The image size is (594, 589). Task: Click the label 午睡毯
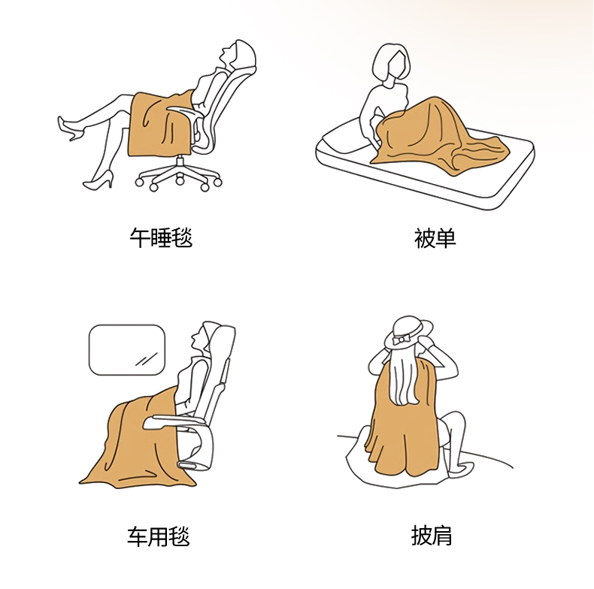pyautogui.click(x=161, y=237)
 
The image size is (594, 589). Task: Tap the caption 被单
pyautogui.click(x=435, y=238)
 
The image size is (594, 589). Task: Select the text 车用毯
pyautogui.click(x=159, y=536)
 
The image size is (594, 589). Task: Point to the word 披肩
pyautogui.click(x=432, y=535)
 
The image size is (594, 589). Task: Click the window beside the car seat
pyautogui.click(x=127, y=350)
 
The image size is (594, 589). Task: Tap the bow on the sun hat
pyautogui.click(x=400, y=340)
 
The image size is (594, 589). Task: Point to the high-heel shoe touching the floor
pyautogui.click(x=98, y=181)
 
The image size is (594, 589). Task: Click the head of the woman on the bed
pyautogui.click(x=391, y=63)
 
